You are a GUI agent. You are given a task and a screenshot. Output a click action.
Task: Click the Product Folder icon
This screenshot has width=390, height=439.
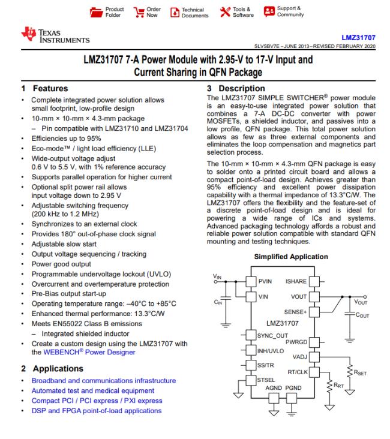96,11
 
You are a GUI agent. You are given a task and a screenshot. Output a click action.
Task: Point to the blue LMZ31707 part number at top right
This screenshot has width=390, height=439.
360,37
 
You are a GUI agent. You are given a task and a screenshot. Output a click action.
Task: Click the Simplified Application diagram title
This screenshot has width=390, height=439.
292,257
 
